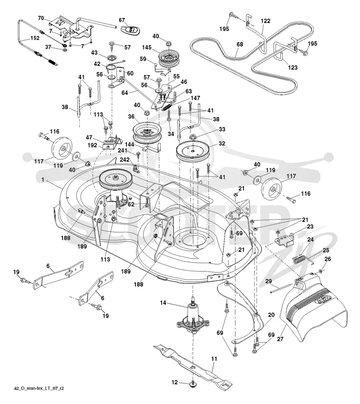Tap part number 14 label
tap(163, 302)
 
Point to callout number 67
tap(122, 20)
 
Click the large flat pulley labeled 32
tap(193, 152)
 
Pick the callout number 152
tap(35, 38)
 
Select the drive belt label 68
tap(240, 45)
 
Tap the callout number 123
tap(292, 67)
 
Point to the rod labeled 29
tap(281, 288)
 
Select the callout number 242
tap(125, 160)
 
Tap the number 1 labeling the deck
tap(43, 180)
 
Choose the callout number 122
tap(265, 21)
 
